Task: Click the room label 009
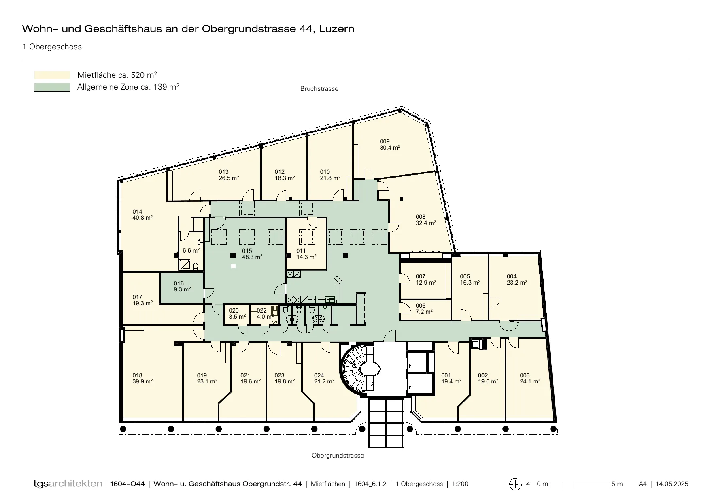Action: tap(385, 141)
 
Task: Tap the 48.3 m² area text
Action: tap(252, 257)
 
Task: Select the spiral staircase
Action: tap(361, 369)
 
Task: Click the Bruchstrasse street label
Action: tap(319, 89)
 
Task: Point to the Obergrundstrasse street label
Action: tap(338, 456)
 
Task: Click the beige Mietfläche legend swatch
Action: tap(52, 75)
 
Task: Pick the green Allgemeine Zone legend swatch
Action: tap(52, 87)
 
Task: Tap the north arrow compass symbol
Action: tap(515, 484)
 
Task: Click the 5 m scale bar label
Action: tap(617, 484)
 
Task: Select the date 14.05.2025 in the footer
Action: tap(672, 484)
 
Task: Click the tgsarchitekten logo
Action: tap(68, 484)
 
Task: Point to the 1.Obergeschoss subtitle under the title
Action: tap(52, 47)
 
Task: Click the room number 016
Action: tap(179, 283)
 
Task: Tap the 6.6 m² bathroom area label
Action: tap(191, 250)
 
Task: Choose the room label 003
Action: tap(525, 375)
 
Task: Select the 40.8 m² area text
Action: tap(142, 218)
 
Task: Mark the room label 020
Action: tap(234, 311)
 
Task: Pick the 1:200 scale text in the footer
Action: tap(460, 484)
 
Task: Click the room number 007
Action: tap(421, 277)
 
